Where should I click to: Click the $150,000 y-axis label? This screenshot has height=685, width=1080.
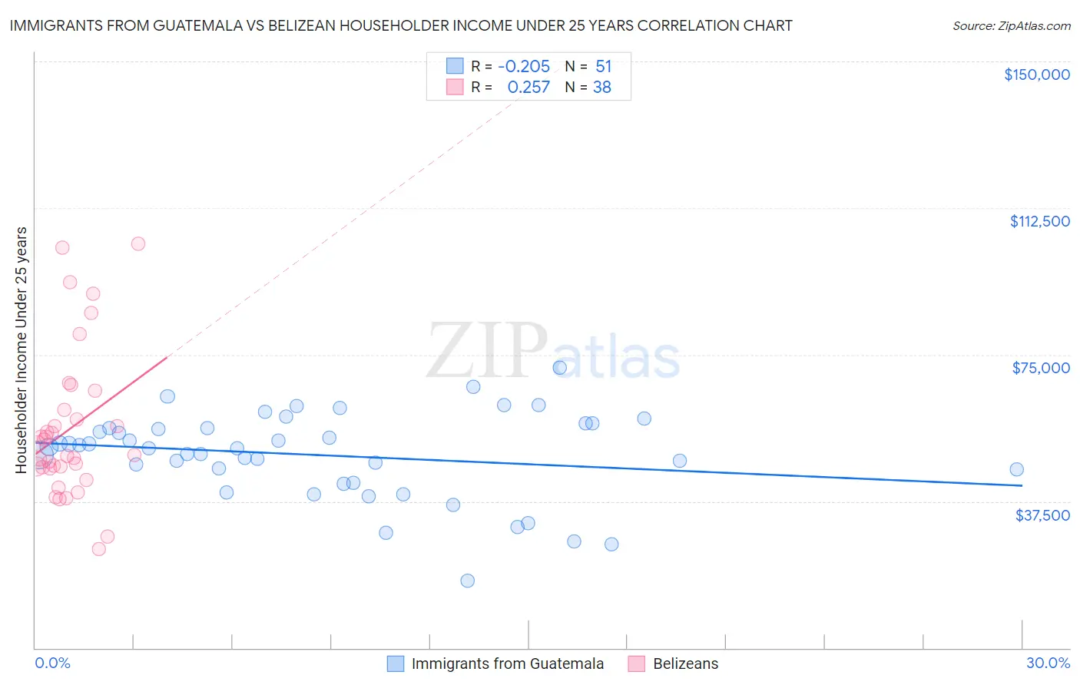[1036, 74]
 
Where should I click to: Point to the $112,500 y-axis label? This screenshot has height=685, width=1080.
[1039, 221]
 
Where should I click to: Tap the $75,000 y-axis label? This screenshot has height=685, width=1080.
[1040, 368]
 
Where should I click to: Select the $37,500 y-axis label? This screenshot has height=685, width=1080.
[1042, 515]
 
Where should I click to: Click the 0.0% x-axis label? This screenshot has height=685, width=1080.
[52, 663]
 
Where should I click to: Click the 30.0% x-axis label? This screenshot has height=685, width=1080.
[1048, 663]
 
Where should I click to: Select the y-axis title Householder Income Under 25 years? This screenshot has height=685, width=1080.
[22, 349]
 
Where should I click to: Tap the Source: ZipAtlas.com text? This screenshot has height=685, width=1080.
[1011, 25]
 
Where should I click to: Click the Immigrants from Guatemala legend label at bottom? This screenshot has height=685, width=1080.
[507, 663]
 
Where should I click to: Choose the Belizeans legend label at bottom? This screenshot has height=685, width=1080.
[685, 663]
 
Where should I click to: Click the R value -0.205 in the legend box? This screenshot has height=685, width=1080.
[524, 67]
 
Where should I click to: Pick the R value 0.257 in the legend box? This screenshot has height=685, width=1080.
[528, 88]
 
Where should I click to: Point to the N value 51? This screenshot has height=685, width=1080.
[603, 67]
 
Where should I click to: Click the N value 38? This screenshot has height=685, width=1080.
[601, 88]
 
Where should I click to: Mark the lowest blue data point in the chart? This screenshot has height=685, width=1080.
[467, 581]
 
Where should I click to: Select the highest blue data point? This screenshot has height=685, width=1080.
[559, 368]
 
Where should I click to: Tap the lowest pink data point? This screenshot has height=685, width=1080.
[98, 548]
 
